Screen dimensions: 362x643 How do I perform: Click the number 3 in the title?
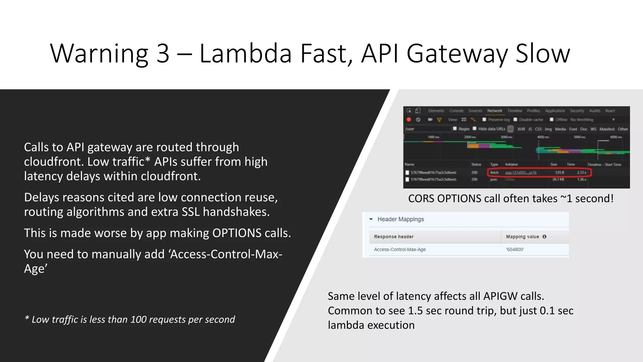(163, 53)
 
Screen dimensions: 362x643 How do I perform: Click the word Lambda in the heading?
(246, 53)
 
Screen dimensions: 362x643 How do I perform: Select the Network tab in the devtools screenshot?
(494, 111)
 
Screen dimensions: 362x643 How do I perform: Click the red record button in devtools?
(409, 120)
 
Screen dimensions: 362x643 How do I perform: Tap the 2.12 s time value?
(581, 173)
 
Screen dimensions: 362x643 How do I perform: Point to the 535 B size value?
(559, 173)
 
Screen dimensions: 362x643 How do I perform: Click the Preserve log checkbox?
(484, 120)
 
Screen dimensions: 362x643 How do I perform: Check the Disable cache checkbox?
(515, 120)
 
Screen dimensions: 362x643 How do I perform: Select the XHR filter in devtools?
(521, 129)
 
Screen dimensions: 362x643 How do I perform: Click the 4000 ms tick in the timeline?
(543, 137)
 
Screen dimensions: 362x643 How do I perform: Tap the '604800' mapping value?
(515, 250)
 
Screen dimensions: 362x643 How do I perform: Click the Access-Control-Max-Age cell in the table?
(400, 250)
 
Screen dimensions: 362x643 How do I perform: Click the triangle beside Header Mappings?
(371, 219)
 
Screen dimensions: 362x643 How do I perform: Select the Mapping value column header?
(522, 237)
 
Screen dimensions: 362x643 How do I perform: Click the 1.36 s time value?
(581, 179)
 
